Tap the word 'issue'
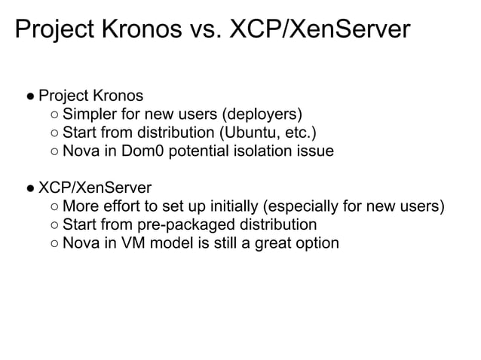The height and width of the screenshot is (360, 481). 314,152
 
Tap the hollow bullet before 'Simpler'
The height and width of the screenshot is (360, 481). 51,116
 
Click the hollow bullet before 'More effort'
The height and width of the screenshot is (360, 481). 51,208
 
